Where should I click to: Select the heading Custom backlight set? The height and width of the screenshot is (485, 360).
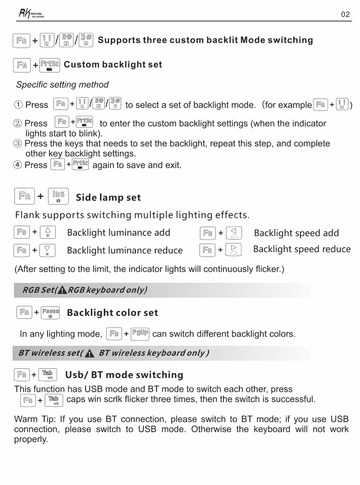tap(113, 65)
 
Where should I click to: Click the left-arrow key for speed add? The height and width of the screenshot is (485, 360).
tap(235, 233)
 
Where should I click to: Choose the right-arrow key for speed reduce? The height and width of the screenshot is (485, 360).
tap(235, 250)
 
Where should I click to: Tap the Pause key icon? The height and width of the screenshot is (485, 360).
tap(50, 313)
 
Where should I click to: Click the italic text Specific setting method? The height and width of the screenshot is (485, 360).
tap(62, 85)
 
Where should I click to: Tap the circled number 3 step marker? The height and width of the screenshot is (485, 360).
tap(19, 144)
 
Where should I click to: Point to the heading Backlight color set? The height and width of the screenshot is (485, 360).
tap(112, 313)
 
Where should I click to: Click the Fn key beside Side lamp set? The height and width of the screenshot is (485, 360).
tap(25, 196)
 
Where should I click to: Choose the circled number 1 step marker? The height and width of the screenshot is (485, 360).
tap(19, 105)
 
